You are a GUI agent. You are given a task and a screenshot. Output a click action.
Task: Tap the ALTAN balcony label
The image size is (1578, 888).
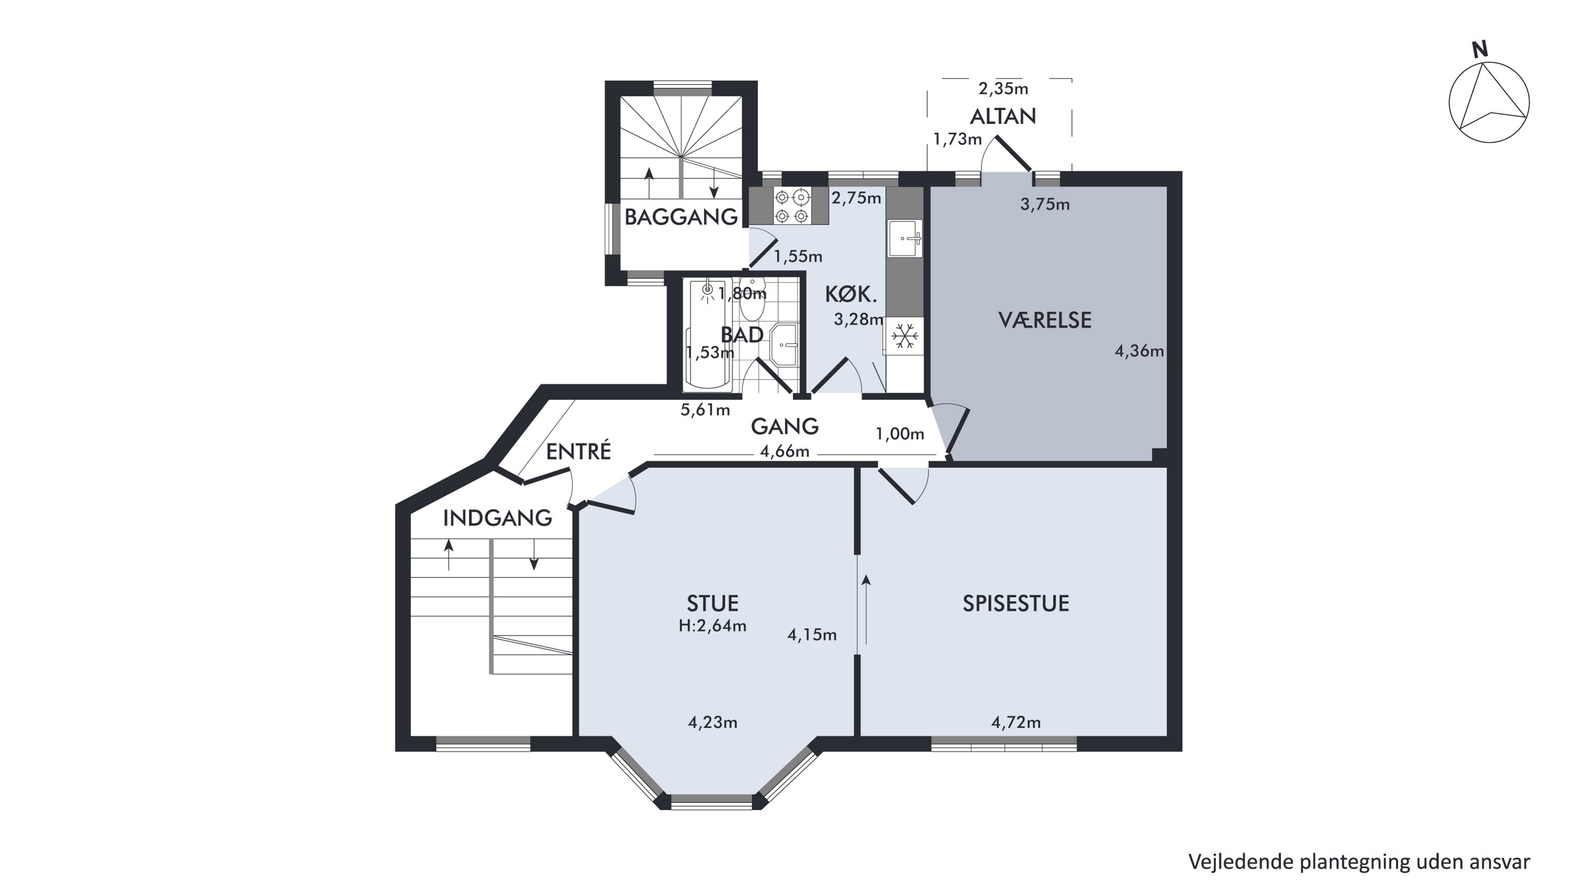(x=1003, y=116)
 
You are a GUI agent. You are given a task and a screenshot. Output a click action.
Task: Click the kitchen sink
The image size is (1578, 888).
(x=905, y=238)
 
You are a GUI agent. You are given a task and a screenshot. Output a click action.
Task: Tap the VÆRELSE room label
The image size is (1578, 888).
(x=1045, y=320)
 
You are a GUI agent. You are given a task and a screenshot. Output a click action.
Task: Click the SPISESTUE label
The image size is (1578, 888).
(x=1016, y=604)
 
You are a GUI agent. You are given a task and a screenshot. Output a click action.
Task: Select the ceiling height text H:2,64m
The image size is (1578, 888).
(x=712, y=626)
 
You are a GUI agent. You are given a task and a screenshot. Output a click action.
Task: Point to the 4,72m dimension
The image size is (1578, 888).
(x=1016, y=723)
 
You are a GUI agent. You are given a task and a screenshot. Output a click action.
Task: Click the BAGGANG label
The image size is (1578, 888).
(x=681, y=217)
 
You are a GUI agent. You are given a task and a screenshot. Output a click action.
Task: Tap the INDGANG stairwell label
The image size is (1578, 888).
(x=498, y=518)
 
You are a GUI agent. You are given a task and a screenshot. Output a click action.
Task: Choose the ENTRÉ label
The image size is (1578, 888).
(x=578, y=452)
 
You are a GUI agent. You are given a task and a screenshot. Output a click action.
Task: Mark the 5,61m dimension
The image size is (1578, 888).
(x=705, y=410)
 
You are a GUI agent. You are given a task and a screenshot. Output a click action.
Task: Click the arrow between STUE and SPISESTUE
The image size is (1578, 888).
(x=866, y=609)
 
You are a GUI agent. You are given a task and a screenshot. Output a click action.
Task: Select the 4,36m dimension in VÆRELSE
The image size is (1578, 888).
(x=1139, y=351)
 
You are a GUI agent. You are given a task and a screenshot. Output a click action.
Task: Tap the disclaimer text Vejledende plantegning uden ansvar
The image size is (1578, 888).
(x=1359, y=862)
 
